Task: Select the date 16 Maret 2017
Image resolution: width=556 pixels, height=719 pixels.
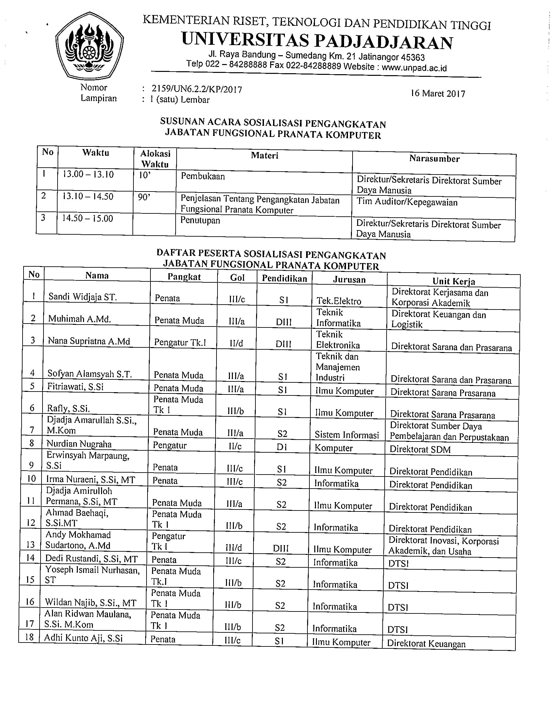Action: [438, 93]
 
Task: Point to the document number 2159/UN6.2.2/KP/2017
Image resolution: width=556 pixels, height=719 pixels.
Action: [197, 89]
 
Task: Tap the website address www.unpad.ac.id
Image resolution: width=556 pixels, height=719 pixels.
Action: [414, 68]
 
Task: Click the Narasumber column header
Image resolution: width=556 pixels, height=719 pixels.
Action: [434, 159]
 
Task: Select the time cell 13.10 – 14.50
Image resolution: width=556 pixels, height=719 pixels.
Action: [88, 196]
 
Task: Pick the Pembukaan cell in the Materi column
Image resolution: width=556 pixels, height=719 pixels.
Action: [202, 176]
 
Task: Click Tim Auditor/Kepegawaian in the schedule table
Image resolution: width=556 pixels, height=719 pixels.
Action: [407, 202]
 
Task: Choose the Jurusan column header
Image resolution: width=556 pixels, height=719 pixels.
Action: [349, 279]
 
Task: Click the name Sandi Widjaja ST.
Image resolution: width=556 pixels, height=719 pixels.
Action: [82, 297]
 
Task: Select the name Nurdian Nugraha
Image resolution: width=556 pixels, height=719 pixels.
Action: [79, 444]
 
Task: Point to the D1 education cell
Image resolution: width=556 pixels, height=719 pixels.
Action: [282, 448]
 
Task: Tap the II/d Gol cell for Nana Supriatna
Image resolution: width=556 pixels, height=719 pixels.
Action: [236, 344]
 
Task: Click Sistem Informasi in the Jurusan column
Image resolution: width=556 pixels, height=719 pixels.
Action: [347, 435]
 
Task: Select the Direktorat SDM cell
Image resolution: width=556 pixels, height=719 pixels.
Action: [420, 449]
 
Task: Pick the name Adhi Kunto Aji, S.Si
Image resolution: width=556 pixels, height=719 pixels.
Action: [83, 638]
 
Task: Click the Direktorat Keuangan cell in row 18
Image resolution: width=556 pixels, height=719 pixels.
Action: [426, 644]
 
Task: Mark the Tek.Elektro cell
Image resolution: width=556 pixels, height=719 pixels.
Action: [339, 301]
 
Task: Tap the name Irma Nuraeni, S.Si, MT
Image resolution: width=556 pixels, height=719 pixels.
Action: [91, 480]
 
